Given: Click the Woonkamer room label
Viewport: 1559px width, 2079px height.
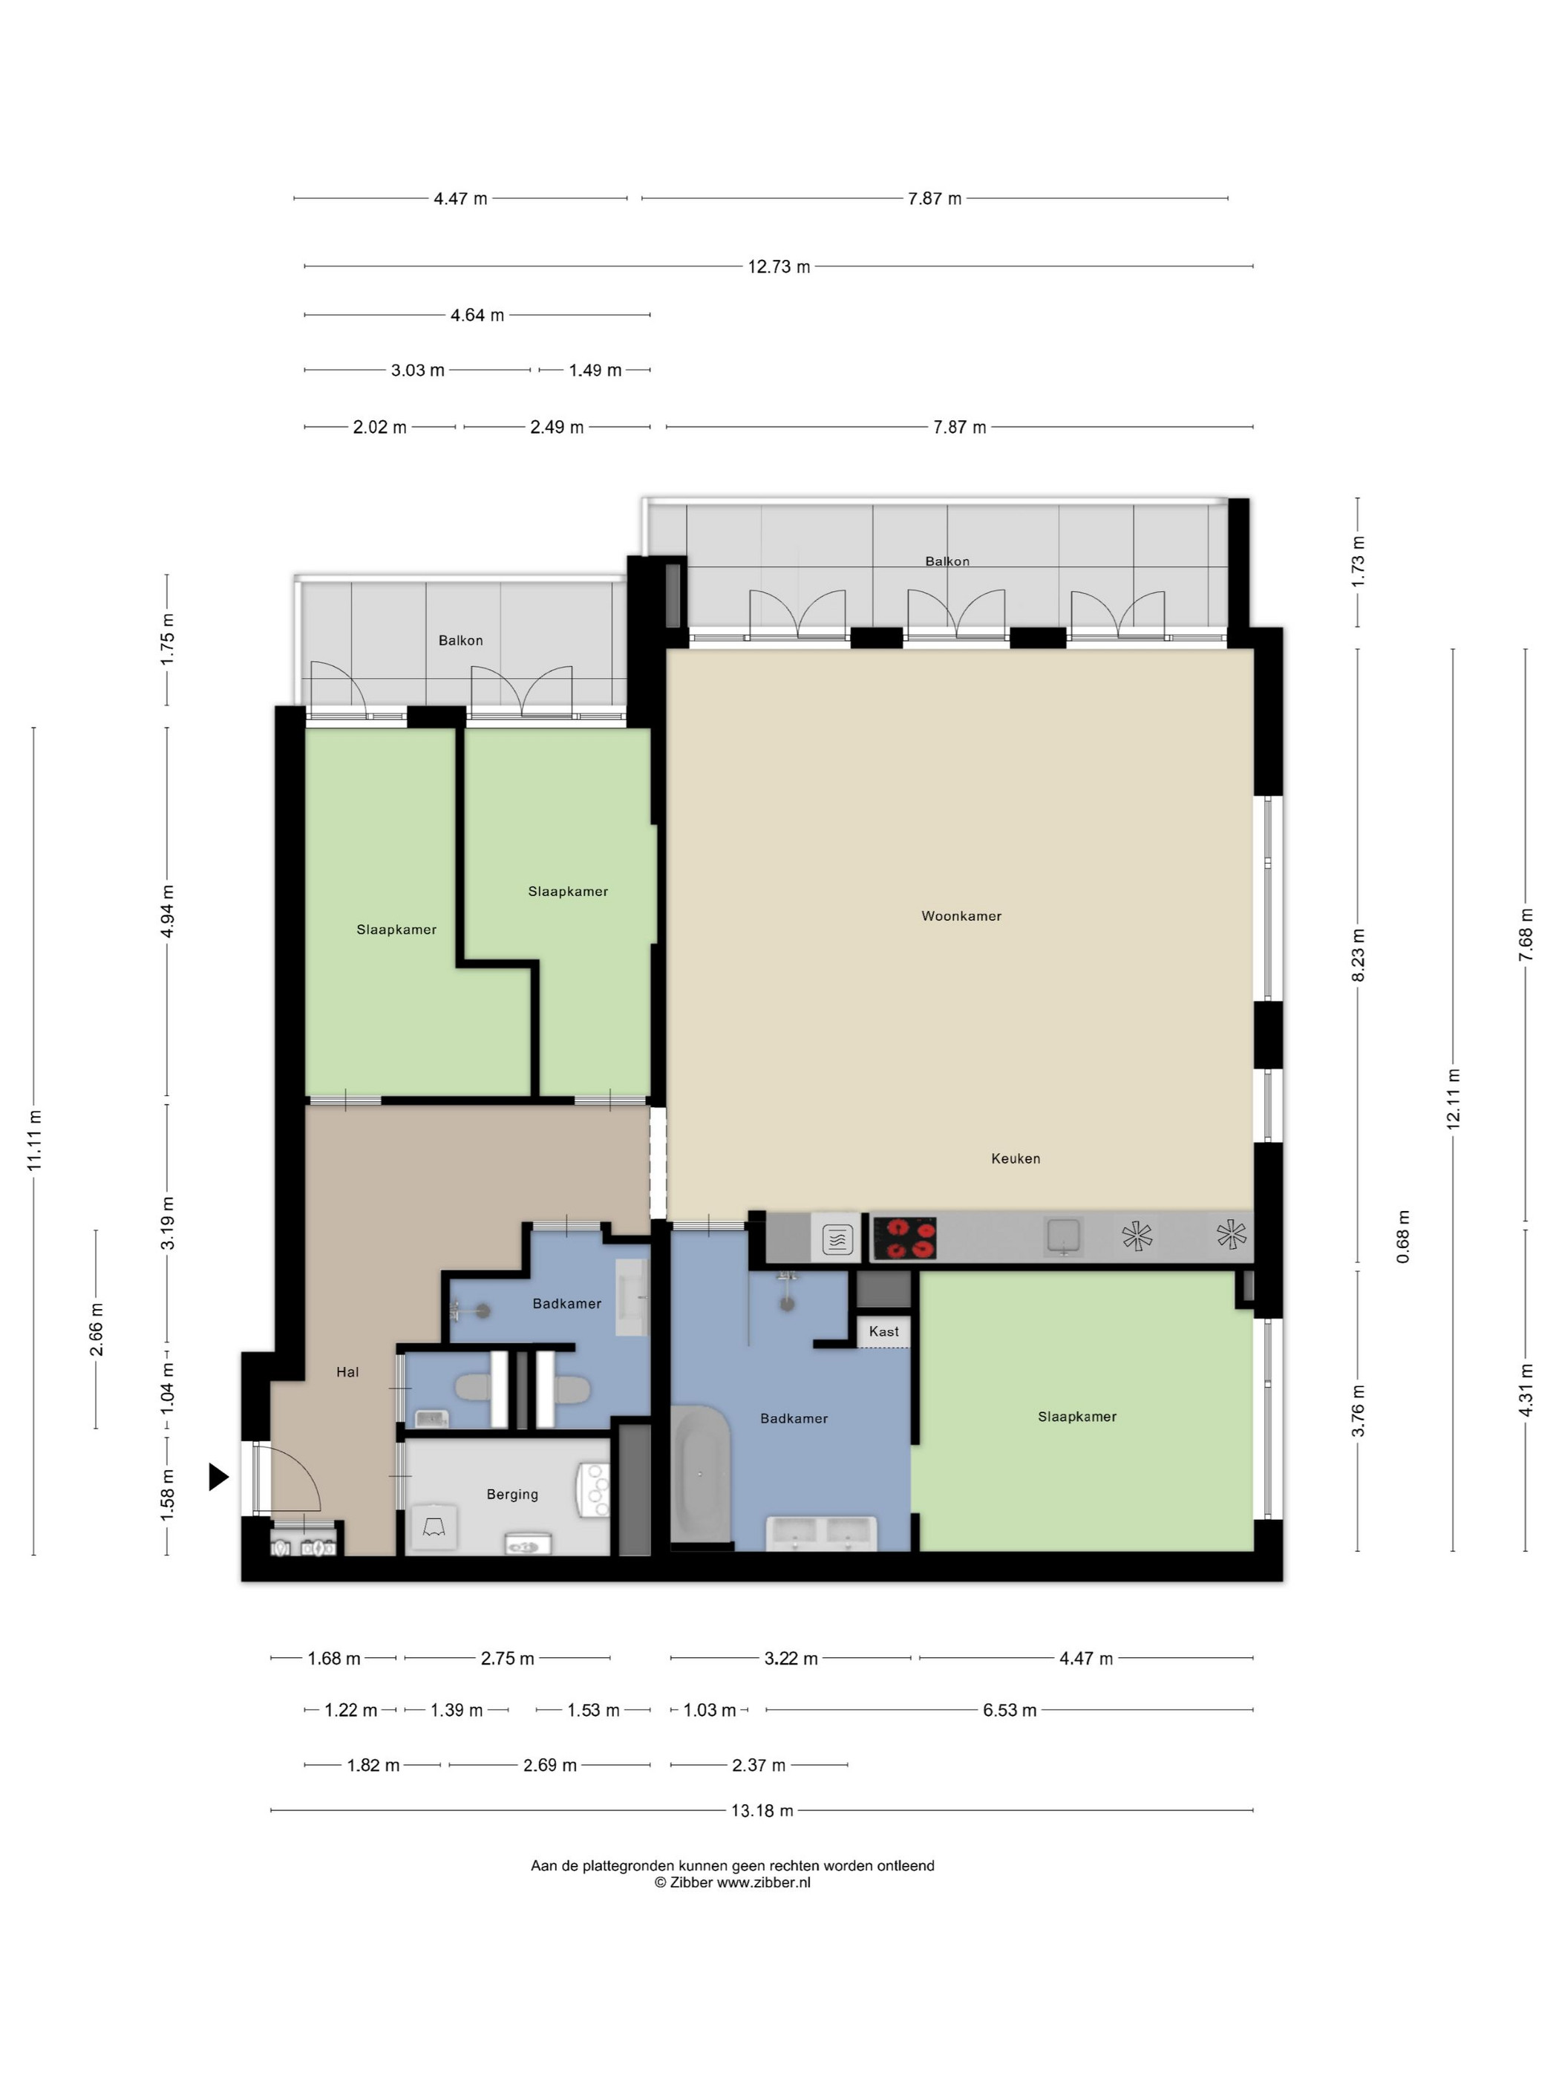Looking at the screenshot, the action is (x=961, y=916).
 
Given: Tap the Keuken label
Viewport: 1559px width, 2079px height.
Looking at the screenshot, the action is (x=1015, y=1158).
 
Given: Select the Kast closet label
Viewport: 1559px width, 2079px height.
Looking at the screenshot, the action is (x=883, y=1331).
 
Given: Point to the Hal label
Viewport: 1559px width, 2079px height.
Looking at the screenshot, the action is (x=347, y=1372).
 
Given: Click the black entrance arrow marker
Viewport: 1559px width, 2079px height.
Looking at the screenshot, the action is (x=218, y=1477).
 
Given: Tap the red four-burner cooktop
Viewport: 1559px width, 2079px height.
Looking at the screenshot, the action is (x=904, y=1238).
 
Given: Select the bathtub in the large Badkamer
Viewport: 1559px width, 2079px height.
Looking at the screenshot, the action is (x=700, y=1474).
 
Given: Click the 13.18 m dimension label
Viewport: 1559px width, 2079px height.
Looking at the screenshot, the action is (x=762, y=1810).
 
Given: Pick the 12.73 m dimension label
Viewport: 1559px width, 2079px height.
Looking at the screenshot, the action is (x=778, y=267).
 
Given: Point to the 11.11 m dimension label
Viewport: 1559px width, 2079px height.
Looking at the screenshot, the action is (x=35, y=1140).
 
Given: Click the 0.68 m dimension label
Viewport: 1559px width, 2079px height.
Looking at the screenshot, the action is (x=1403, y=1236).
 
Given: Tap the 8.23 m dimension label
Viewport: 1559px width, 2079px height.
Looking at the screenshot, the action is (x=1358, y=955).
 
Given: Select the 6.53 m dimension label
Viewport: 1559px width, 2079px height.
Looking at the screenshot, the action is (x=1009, y=1710).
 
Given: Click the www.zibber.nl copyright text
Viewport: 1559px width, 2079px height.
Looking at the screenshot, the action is (x=763, y=1881).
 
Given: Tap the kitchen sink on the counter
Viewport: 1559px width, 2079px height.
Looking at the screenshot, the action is (x=1064, y=1236).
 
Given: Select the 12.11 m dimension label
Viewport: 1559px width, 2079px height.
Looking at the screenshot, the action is (x=1453, y=1099).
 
